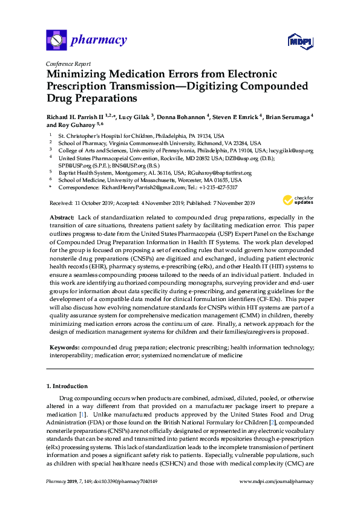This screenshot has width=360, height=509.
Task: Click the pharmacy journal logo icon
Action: tap(56, 41)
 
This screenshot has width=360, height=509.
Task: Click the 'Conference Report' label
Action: tap(68, 63)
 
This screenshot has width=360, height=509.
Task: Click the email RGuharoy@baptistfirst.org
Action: tap(216, 172)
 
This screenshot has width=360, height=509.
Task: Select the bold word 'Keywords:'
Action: tap(63, 348)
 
